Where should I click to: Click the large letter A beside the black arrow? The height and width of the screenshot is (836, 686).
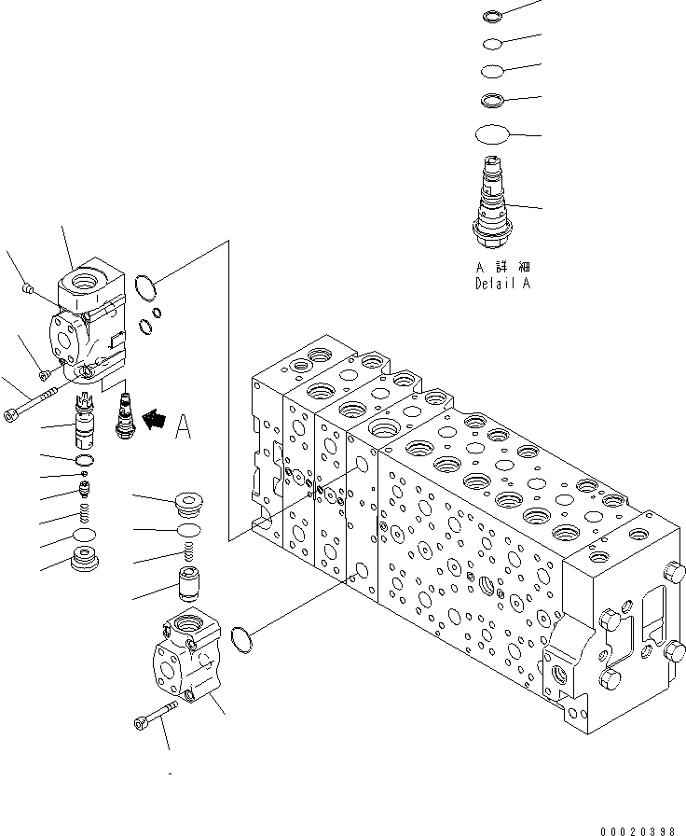pos(183,426)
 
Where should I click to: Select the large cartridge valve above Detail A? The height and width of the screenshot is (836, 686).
pos(493,202)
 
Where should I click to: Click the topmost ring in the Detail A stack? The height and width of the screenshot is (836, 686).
pos(494,16)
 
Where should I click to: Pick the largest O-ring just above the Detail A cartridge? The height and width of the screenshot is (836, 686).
pos(493,134)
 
